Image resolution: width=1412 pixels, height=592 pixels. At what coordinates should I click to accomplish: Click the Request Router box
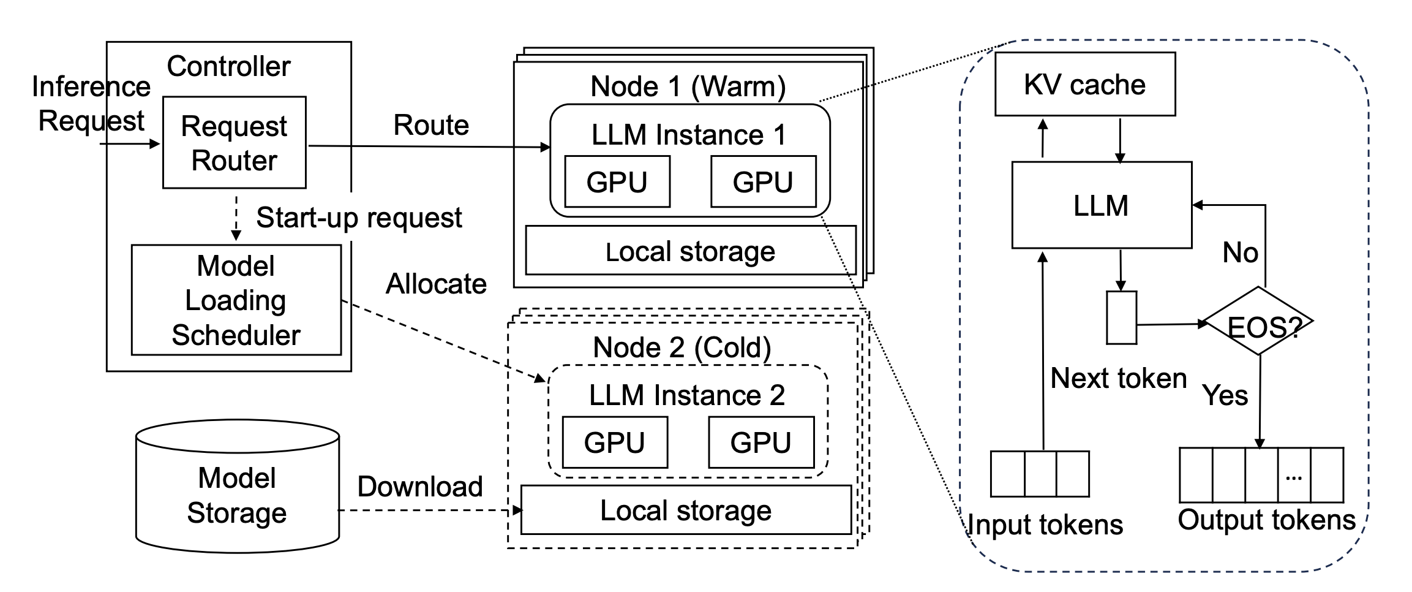tap(234, 142)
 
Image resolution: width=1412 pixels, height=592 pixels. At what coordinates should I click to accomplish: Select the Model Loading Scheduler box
tap(236, 300)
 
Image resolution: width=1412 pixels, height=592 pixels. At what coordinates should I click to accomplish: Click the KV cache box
tap(1084, 84)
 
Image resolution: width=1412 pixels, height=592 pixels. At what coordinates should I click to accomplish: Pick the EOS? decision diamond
tap(1259, 322)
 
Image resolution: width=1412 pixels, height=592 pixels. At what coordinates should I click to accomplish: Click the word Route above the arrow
tap(430, 125)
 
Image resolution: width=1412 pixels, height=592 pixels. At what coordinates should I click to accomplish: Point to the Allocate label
tap(436, 284)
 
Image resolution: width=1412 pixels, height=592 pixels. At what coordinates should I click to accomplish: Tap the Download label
tap(420, 487)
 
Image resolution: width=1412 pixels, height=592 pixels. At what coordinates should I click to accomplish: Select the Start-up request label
tap(359, 218)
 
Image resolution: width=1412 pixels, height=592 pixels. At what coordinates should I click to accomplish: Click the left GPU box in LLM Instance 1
tap(617, 181)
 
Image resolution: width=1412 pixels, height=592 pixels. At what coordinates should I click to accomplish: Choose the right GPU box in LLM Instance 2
tap(760, 442)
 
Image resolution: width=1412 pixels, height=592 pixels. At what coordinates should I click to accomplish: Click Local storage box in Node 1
tap(690, 251)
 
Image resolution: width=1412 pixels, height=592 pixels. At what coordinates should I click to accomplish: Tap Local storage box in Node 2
tap(685, 510)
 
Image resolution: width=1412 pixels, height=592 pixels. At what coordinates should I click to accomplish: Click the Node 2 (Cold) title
tap(682, 347)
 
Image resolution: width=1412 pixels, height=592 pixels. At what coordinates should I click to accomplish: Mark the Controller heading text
tap(228, 66)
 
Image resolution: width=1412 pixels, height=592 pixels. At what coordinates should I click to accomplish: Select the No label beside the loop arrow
tap(1240, 252)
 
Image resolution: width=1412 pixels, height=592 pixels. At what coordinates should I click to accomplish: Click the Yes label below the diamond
tap(1225, 395)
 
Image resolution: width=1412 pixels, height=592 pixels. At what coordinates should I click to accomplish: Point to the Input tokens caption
tap(1045, 525)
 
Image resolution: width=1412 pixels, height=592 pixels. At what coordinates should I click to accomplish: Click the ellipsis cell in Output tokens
tap(1293, 476)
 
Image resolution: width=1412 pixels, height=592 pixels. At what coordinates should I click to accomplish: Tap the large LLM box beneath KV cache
tap(1101, 205)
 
